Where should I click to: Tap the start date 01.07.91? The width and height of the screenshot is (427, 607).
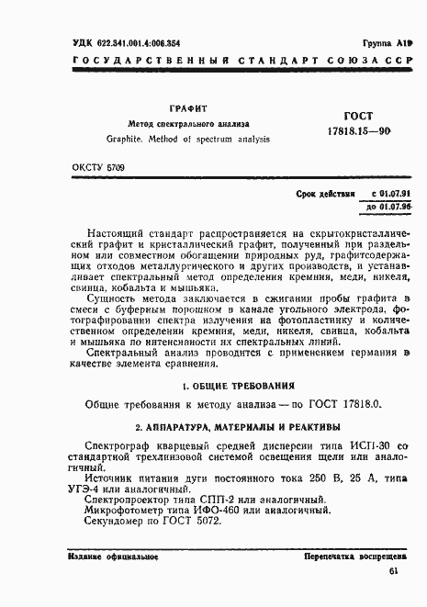385,194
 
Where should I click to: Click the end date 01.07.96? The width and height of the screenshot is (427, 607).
386,208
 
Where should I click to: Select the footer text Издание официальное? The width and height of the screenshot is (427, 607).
104,556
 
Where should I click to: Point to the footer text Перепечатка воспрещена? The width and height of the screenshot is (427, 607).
356,556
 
